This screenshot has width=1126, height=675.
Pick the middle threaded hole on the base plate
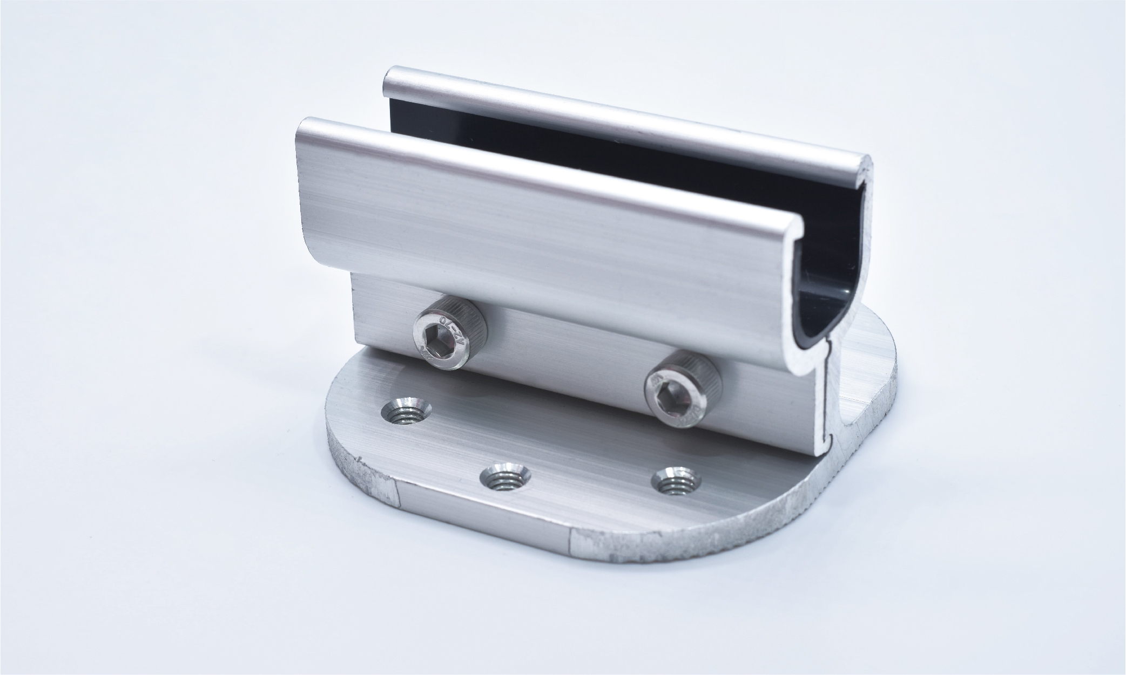(x=505, y=478)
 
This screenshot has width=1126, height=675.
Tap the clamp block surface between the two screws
(x=562, y=356)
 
